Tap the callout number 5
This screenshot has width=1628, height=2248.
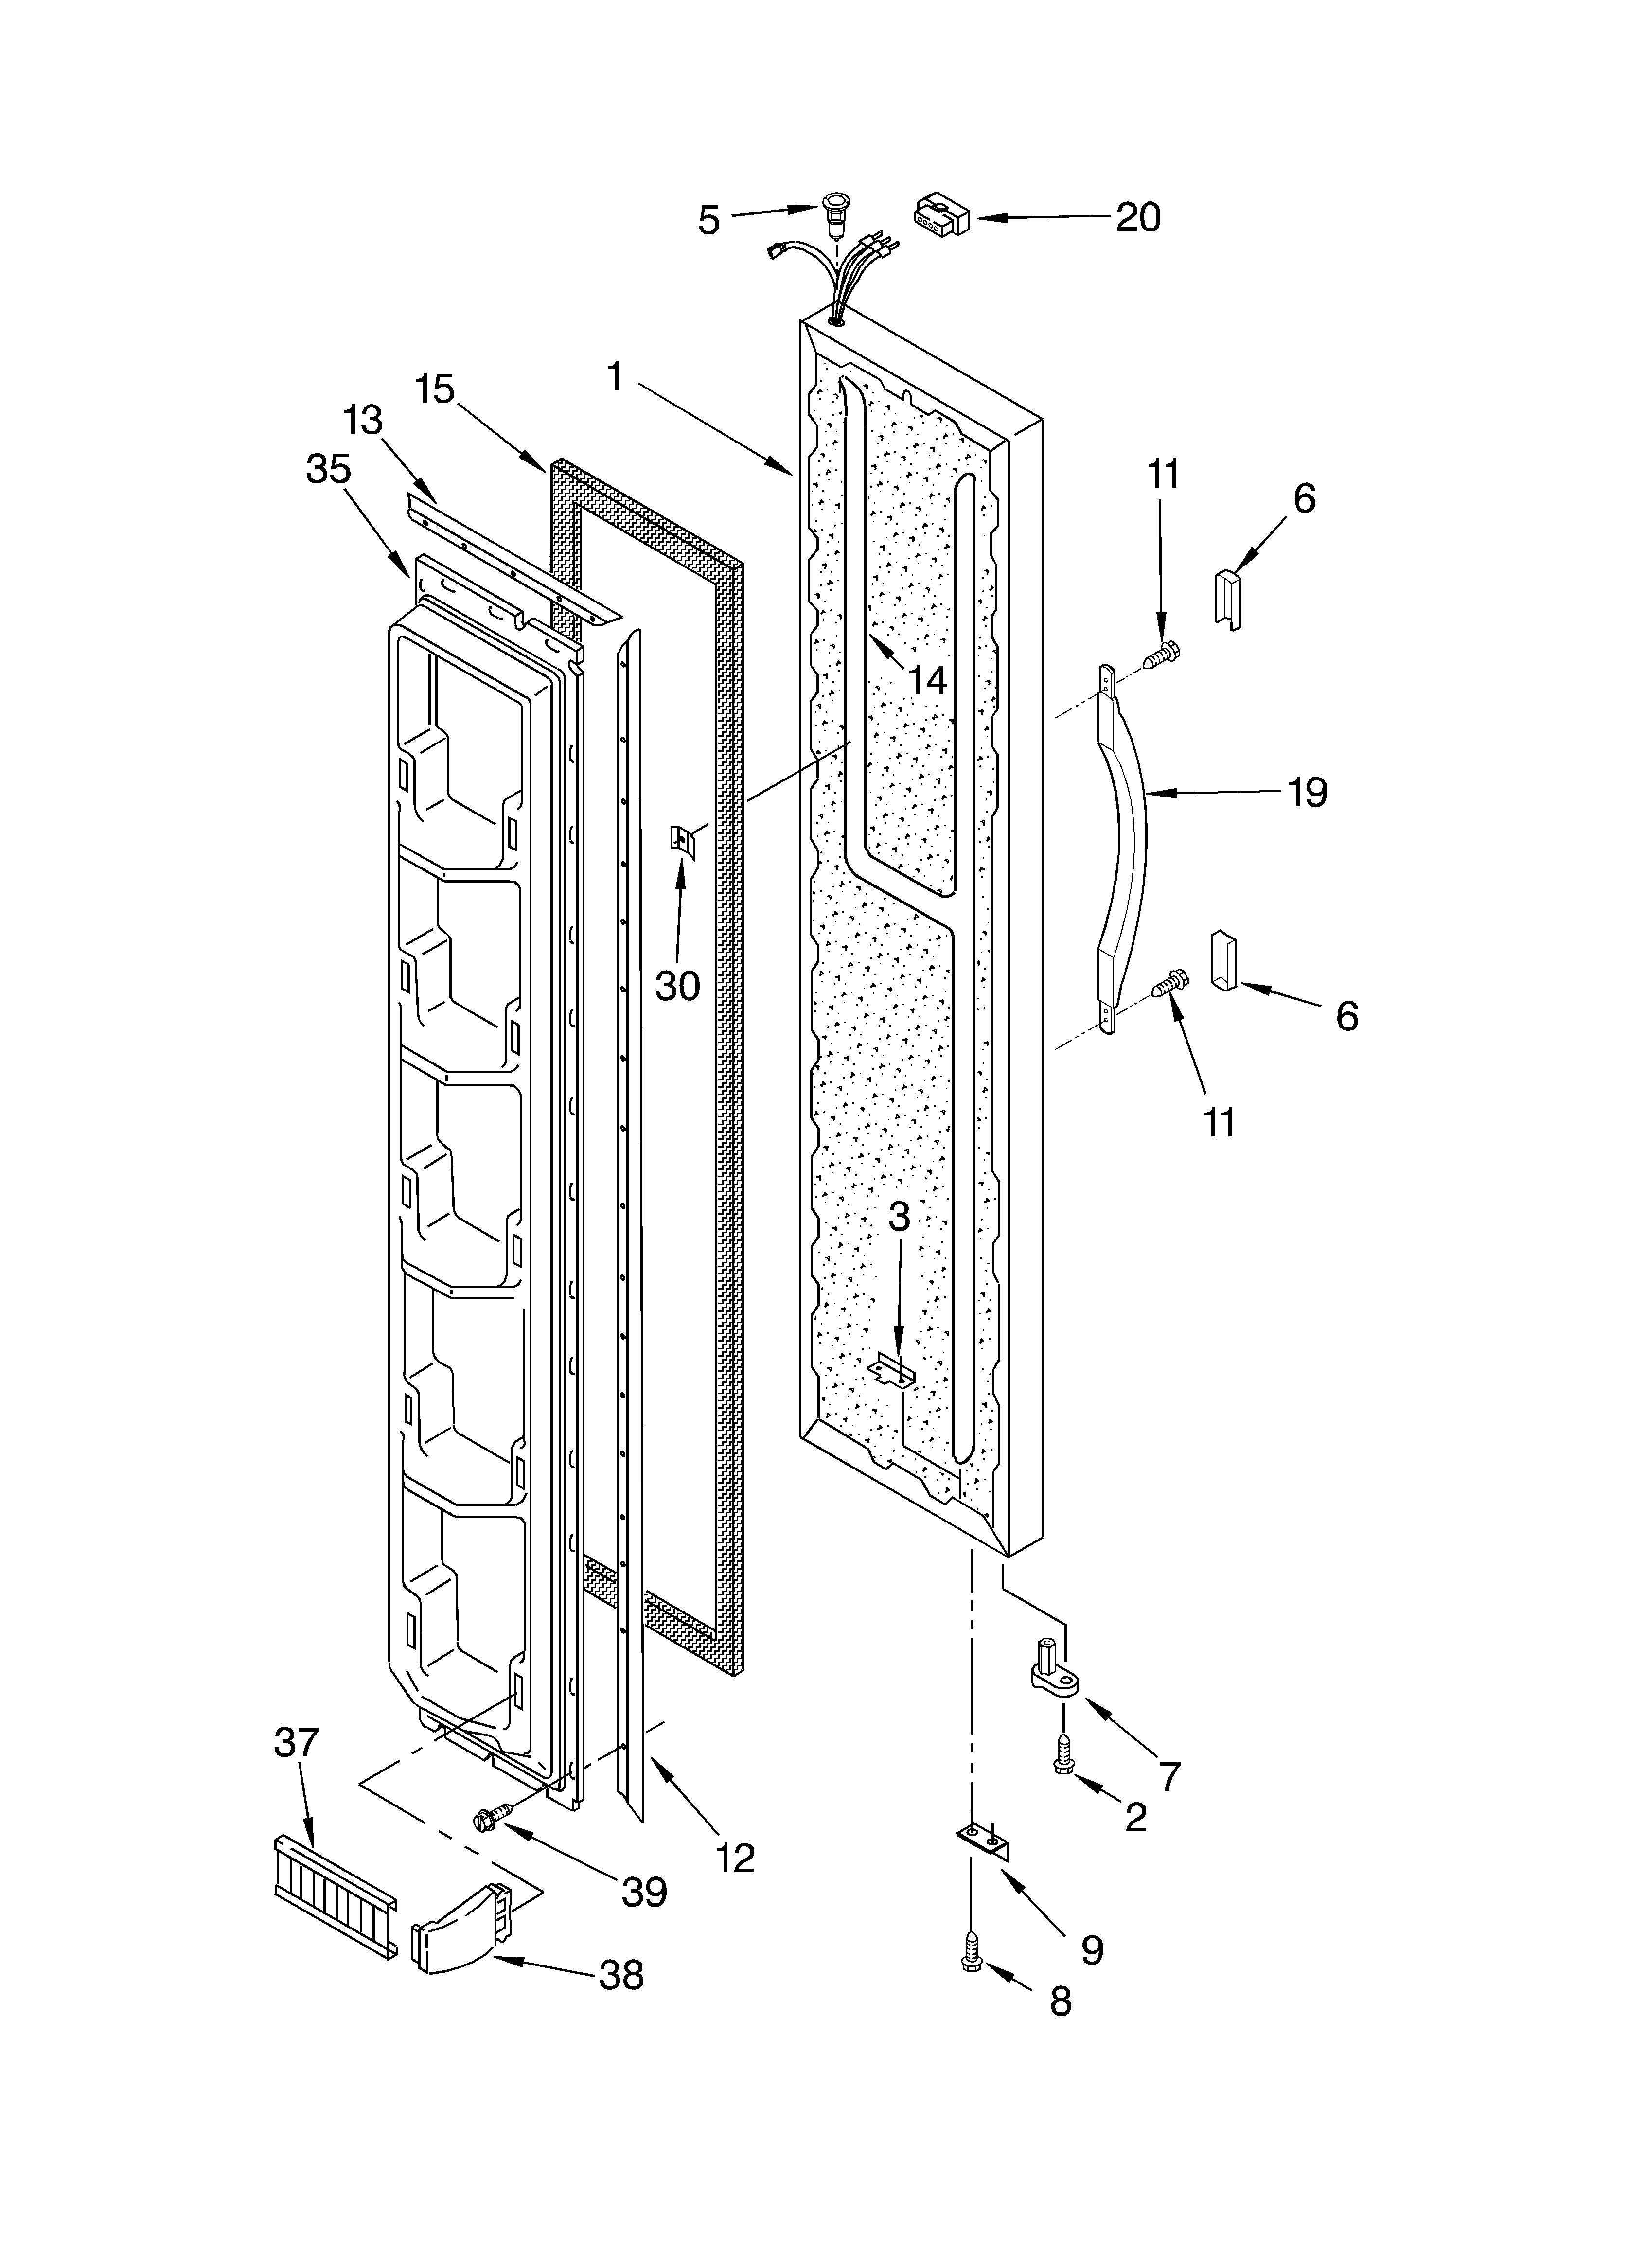(x=708, y=220)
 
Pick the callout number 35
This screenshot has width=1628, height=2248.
(x=328, y=469)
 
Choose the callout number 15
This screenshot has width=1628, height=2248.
(x=434, y=389)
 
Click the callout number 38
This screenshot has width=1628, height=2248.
(x=620, y=1974)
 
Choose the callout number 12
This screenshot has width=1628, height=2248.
(x=735, y=1858)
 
